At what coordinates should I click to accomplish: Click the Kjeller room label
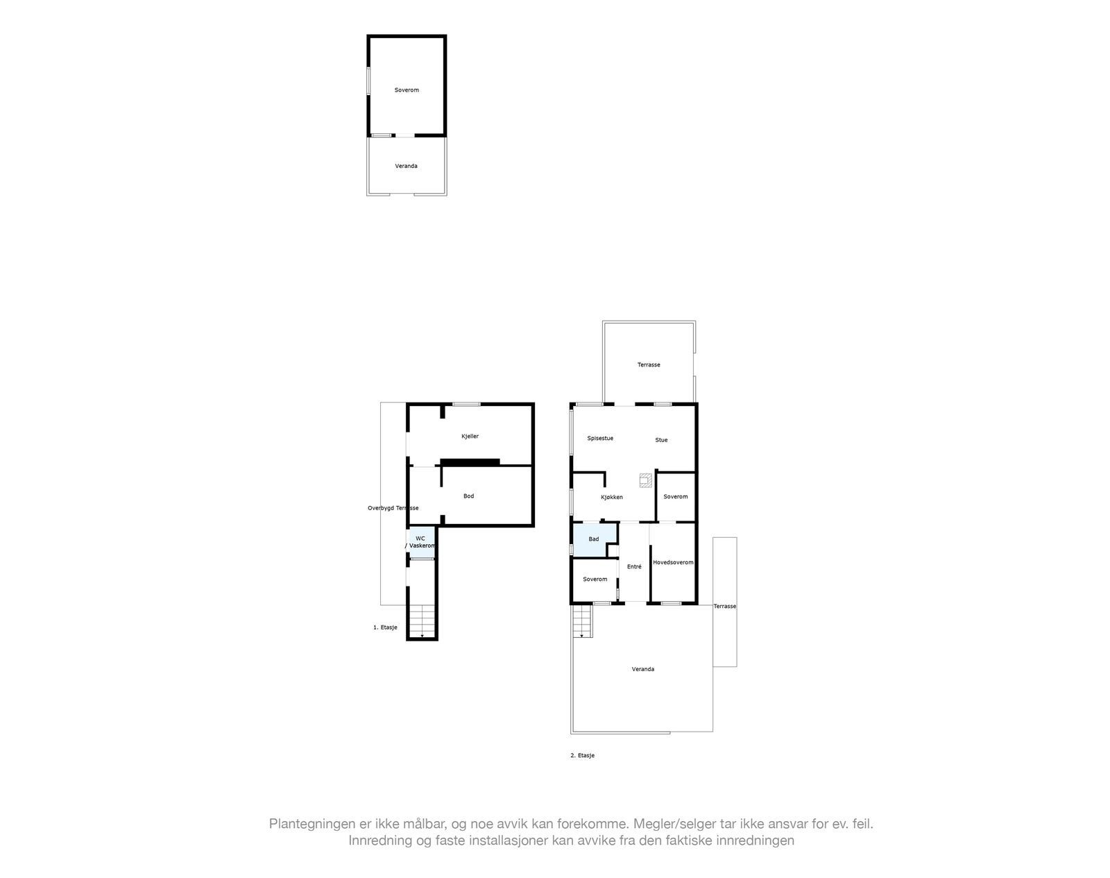coord(470,437)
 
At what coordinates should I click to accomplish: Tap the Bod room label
coord(468,496)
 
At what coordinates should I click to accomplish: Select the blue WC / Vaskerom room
coord(421,542)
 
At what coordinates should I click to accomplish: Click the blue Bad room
coord(593,539)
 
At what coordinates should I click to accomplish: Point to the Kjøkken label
coord(611,497)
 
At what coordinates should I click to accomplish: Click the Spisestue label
coord(600,438)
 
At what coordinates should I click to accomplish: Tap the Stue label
coord(661,440)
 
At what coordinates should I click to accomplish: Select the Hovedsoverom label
coord(673,562)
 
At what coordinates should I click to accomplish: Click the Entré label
coord(634,567)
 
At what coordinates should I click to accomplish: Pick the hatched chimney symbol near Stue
coord(646,479)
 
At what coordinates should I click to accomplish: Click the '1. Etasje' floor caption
coord(385,627)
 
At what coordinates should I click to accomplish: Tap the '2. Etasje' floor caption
coord(582,755)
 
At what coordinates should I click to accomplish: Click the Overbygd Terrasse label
coord(393,508)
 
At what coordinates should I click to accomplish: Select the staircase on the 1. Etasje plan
coord(421,620)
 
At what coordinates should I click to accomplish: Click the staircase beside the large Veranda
coord(581,620)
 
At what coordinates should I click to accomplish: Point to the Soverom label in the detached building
coord(407,90)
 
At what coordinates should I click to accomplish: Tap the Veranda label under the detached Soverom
coord(406,166)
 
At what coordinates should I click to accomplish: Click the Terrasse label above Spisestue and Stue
coord(649,365)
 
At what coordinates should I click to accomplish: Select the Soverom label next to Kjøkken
coord(675,497)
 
